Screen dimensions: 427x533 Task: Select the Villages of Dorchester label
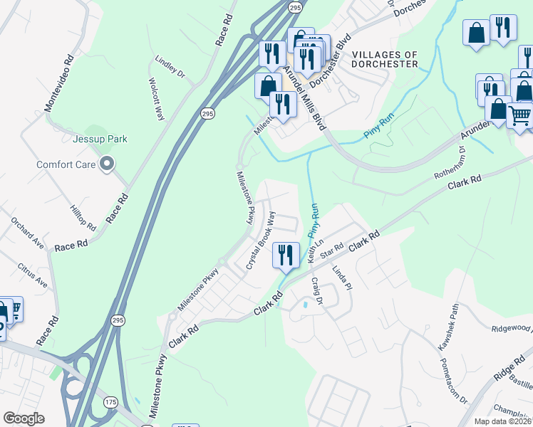click(385, 59)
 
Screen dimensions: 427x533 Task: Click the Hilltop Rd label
click(83, 218)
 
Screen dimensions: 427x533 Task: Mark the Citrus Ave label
click(33, 275)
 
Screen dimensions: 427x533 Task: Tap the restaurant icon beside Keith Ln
click(286, 255)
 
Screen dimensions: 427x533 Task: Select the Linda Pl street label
click(342, 278)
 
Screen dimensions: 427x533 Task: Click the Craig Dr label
click(316, 292)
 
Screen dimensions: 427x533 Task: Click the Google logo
click(24, 418)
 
